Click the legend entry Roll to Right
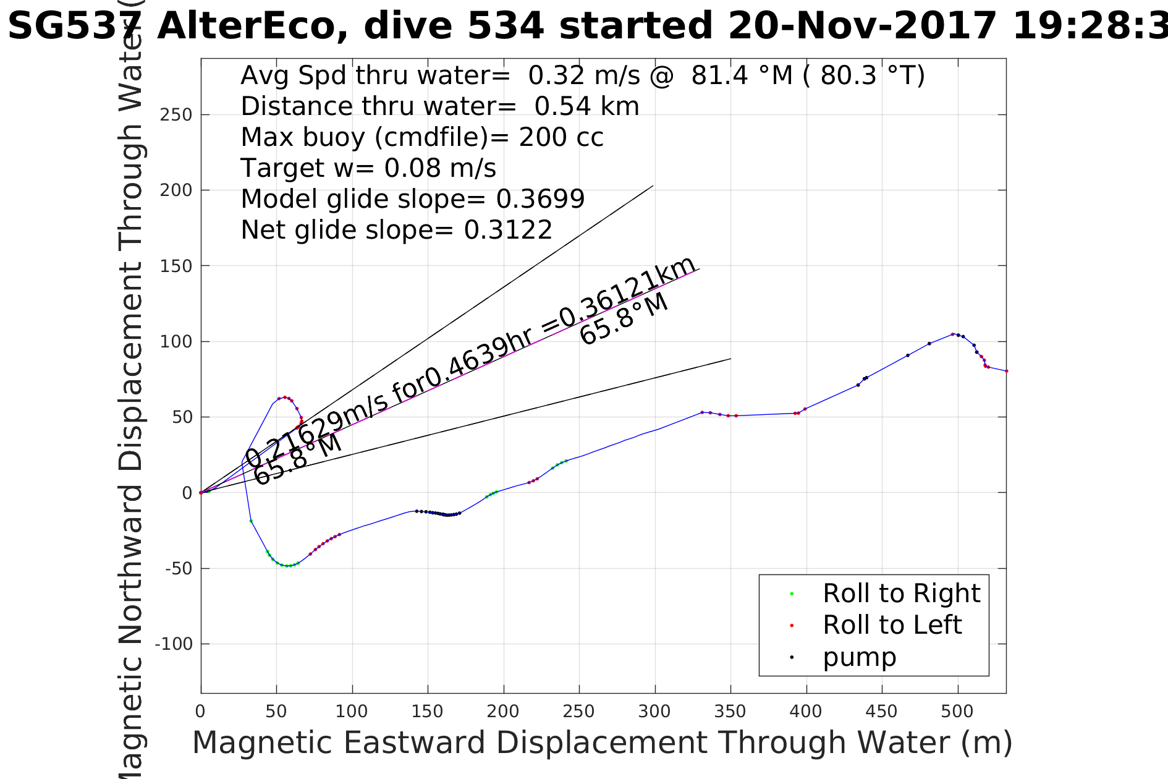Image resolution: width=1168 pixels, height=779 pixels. click(901, 594)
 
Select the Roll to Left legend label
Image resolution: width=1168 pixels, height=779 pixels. click(892, 625)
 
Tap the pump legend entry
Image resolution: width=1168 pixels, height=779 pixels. click(859, 657)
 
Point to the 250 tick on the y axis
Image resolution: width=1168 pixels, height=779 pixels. click(176, 115)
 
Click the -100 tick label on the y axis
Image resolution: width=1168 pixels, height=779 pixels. click(174, 644)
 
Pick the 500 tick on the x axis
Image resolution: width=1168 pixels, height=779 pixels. click(957, 712)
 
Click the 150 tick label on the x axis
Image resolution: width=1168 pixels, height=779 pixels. click(428, 712)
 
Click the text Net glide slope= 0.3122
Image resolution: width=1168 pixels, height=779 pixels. click(396, 230)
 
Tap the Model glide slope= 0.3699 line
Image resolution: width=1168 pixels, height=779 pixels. click(412, 199)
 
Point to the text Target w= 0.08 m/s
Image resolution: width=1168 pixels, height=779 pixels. click(368, 168)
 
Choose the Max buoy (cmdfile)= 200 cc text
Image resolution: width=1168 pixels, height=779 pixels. click(422, 137)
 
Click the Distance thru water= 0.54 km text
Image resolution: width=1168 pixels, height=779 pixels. click(439, 106)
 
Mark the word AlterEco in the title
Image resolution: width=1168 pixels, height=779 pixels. click(253, 27)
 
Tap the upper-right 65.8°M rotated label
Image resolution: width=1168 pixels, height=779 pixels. click(624, 319)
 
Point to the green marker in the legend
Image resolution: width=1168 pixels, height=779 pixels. click(792, 594)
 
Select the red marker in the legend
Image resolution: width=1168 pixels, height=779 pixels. click(792, 626)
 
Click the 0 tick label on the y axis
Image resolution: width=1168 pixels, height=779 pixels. click(187, 493)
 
